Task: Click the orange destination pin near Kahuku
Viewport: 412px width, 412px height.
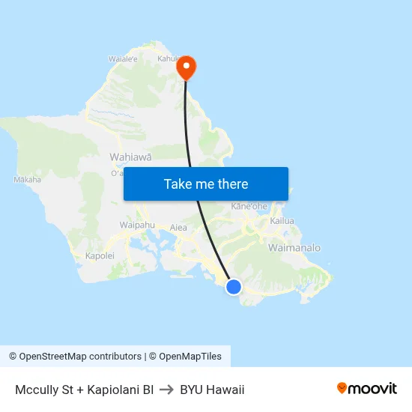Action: (x=185, y=67)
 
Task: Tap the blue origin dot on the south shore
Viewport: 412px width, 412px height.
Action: (x=234, y=286)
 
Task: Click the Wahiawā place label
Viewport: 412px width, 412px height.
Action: (x=130, y=157)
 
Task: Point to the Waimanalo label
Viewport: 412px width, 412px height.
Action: (x=294, y=248)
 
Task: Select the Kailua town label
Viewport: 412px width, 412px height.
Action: (x=282, y=221)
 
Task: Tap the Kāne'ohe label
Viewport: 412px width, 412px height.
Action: (x=249, y=206)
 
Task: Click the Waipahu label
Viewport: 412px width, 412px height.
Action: (x=137, y=225)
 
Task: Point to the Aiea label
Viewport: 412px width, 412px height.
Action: (x=178, y=227)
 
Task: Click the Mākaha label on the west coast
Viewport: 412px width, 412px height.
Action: (x=28, y=180)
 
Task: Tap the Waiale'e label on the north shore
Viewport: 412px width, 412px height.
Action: (x=123, y=58)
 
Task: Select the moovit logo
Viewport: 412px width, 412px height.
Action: (x=366, y=389)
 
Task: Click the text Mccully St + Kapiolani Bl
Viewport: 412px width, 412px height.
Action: (x=84, y=390)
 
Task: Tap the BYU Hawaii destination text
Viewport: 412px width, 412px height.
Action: (x=212, y=390)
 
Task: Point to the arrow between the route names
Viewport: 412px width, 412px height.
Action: (x=166, y=390)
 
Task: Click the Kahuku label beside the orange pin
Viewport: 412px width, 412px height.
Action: (x=168, y=58)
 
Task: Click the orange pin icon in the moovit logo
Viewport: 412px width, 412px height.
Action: (x=342, y=389)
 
